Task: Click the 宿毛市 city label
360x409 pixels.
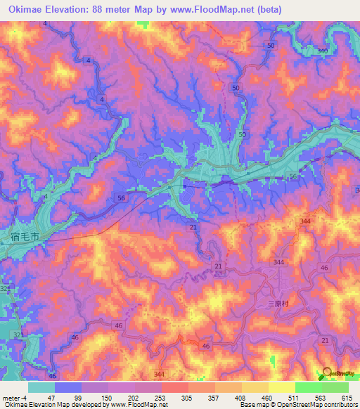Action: click(x=26, y=239)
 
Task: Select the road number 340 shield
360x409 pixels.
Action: click(x=322, y=51)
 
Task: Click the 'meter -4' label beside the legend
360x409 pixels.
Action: click(x=13, y=397)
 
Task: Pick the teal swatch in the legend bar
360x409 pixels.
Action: click(x=41, y=387)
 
